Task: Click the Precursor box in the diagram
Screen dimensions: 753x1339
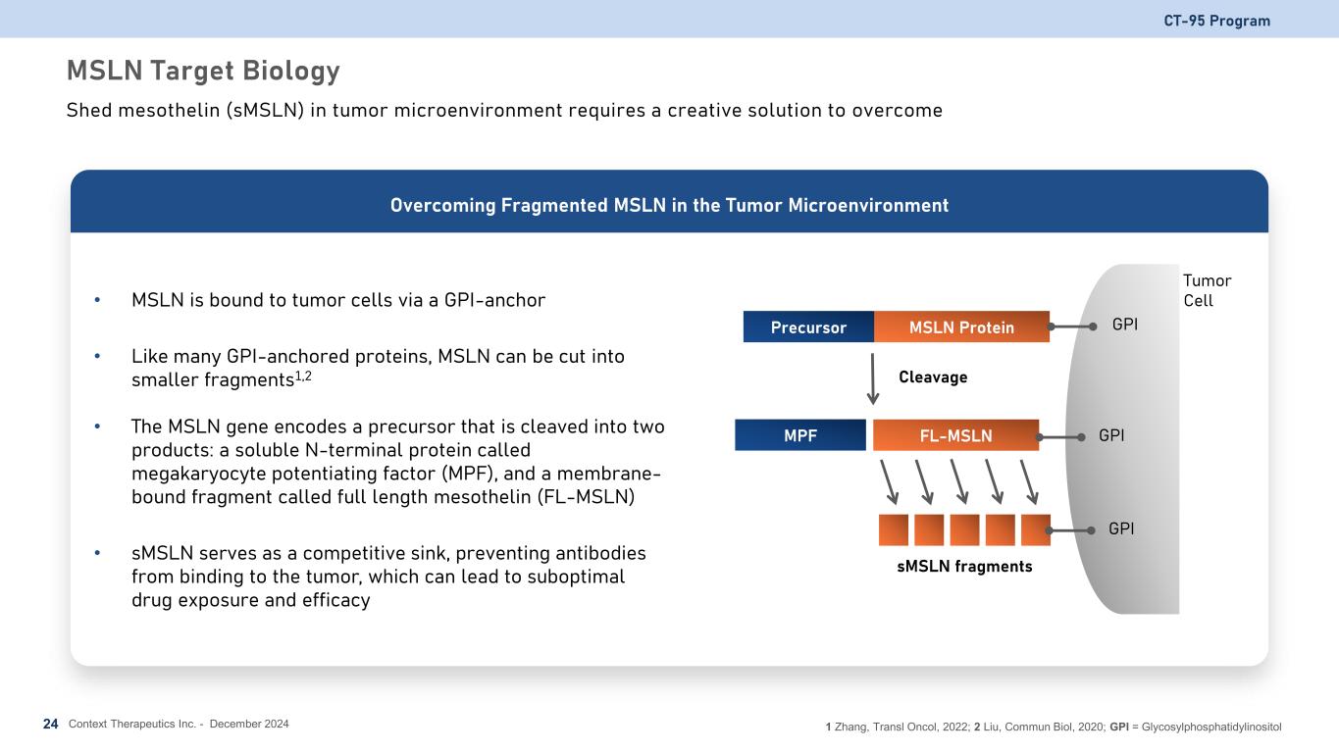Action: coord(808,327)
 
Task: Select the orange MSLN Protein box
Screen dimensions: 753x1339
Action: coord(961,327)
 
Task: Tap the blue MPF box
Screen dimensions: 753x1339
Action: coord(800,435)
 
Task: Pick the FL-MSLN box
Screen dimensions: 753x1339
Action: coord(955,435)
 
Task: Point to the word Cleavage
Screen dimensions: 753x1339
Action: coord(933,377)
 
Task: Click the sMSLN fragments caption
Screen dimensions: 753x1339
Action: coord(964,567)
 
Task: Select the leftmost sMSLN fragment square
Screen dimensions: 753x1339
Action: coord(894,529)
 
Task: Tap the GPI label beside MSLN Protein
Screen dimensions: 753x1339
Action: coord(1125,325)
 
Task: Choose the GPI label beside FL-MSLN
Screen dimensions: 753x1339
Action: coord(1111,434)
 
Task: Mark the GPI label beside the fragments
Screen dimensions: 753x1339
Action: coord(1121,528)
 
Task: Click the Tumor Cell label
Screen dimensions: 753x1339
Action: coord(1207,290)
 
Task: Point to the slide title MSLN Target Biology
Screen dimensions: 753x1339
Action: coord(203,71)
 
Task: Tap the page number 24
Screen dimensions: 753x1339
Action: coord(51,724)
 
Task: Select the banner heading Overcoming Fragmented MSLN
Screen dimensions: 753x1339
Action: coord(669,206)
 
